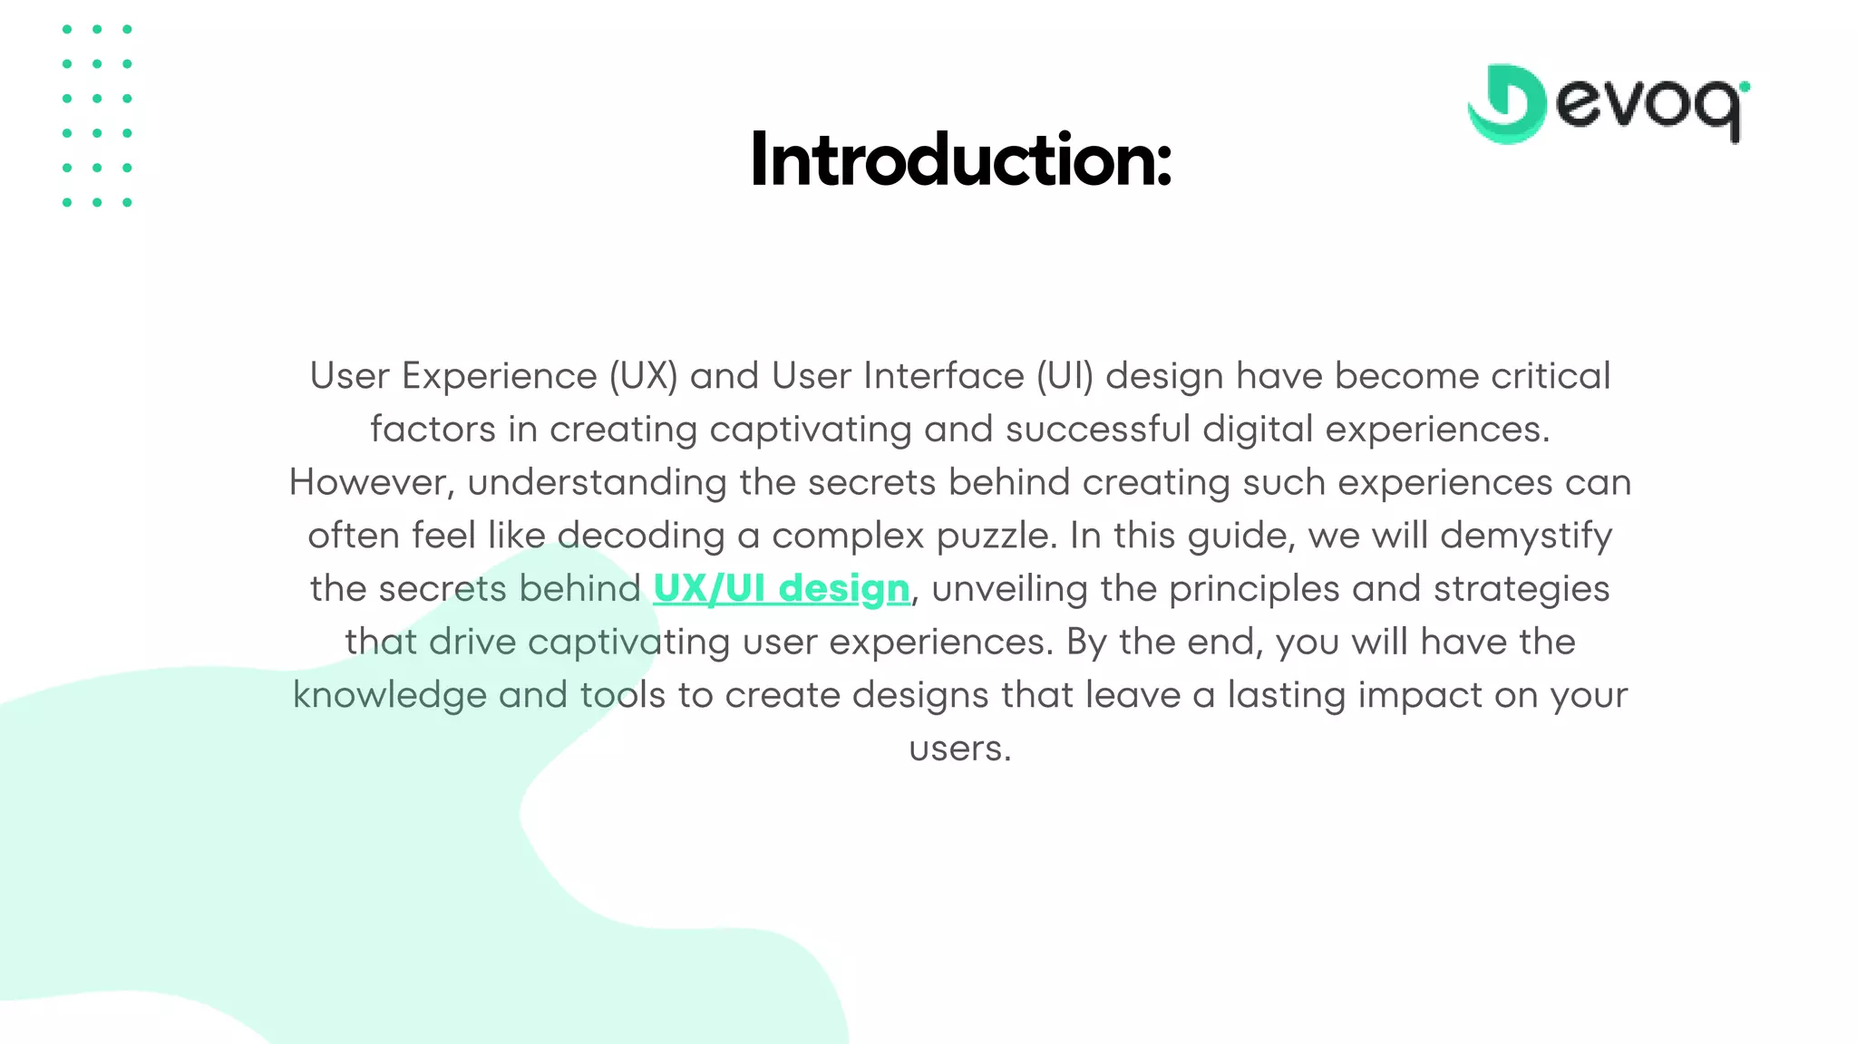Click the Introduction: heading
click(960, 160)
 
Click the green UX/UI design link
click(781, 589)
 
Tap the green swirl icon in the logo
click(1506, 104)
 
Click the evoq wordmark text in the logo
click(1650, 106)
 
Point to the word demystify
click(1526, 536)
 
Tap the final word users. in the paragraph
click(959, 749)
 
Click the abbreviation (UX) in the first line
click(643, 376)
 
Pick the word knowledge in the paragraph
click(389, 695)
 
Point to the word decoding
click(640, 536)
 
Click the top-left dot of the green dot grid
click(67, 30)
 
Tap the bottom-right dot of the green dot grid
click(127, 202)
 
